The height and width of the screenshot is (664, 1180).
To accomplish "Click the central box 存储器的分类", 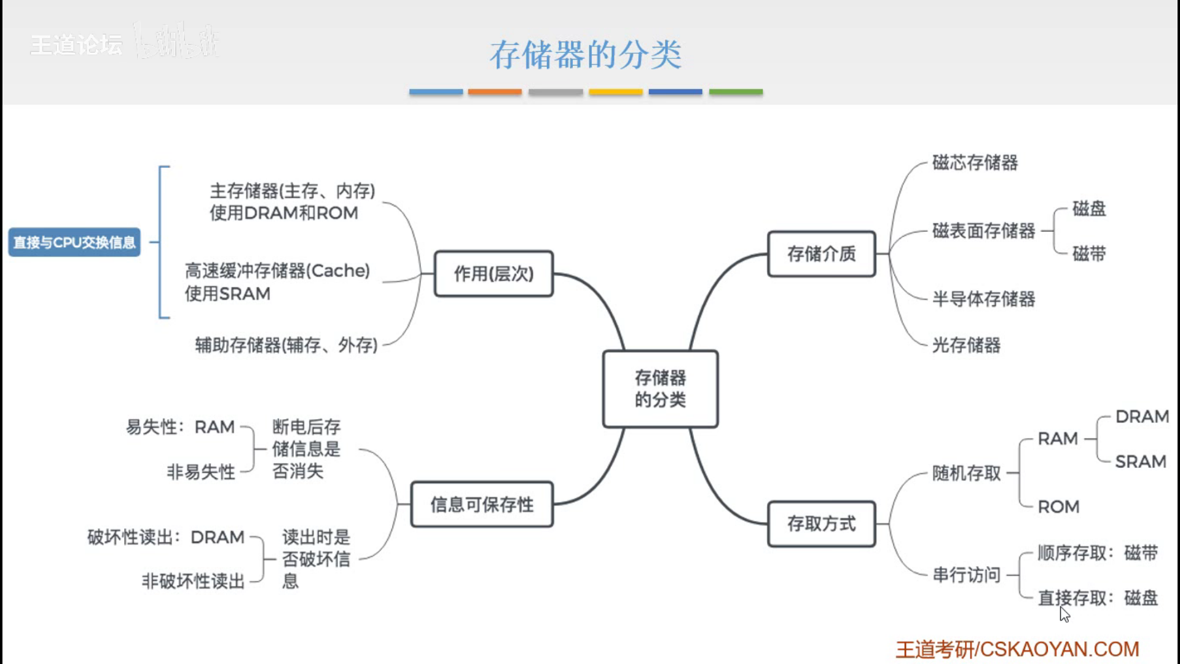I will point(660,389).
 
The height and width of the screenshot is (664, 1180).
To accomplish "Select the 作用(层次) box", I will point(494,274).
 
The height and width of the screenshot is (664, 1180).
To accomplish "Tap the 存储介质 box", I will point(821,254).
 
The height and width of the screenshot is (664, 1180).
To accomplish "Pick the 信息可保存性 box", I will point(482,505).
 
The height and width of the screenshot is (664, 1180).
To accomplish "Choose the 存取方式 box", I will point(821,524).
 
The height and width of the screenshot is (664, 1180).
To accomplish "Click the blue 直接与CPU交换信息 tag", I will point(74,242).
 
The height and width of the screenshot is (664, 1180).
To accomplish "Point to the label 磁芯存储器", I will point(975,163).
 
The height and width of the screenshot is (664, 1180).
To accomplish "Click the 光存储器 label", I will point(966,346).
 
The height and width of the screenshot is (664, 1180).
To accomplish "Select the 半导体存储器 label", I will point(983,299).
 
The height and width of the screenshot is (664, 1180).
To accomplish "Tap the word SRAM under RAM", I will point(1141,462).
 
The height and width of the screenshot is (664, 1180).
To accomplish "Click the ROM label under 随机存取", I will point(1058,507).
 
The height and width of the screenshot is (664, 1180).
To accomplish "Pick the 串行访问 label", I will point(966,575).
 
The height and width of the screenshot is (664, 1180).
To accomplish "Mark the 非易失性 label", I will point(201,472).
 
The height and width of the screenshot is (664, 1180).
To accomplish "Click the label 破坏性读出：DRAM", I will point(166,537).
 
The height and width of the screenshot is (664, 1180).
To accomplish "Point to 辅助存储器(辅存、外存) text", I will point(286,346).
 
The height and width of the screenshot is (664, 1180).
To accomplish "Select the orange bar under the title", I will point(495,92).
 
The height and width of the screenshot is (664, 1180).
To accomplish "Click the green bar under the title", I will point(736,92).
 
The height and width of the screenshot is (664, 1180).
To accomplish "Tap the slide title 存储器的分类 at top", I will point(586,55).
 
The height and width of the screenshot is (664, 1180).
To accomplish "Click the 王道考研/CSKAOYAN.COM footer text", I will point(1017,649).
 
